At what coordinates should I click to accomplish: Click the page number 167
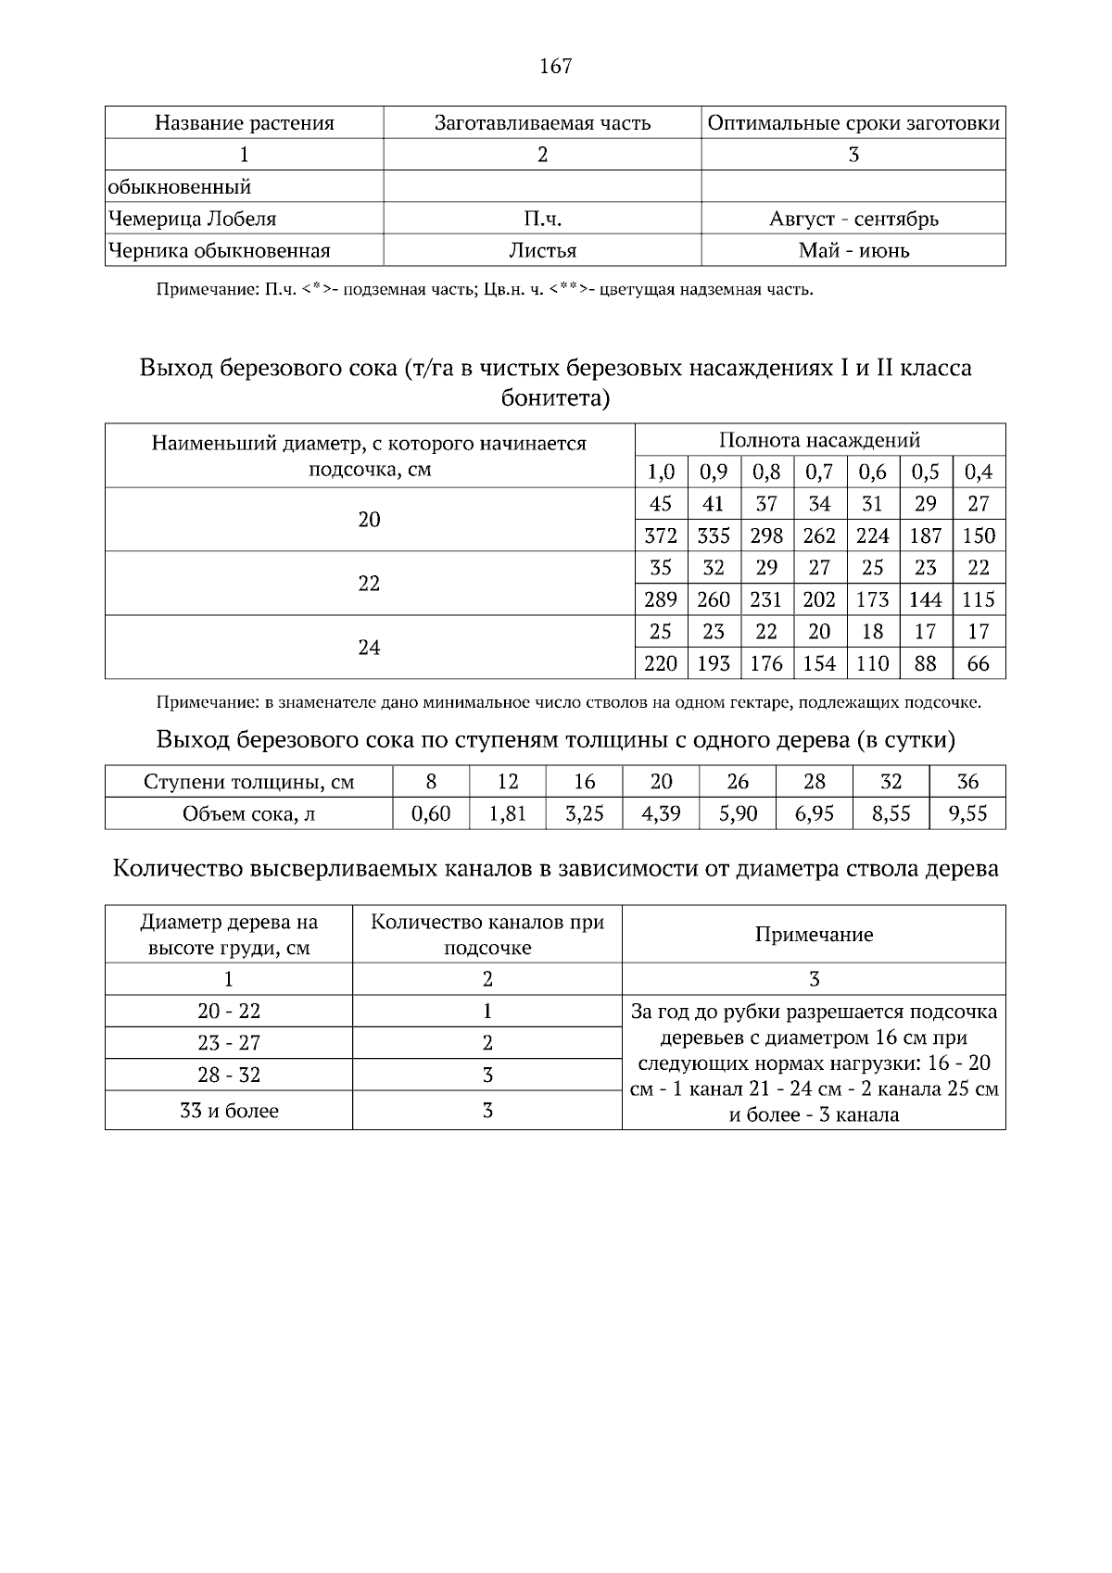pyautogui.click(x=555, y=66)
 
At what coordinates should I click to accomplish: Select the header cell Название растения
pyautogui.click(x=244, y=123)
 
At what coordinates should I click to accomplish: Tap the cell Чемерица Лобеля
pyautogui.click(x=192, y=220)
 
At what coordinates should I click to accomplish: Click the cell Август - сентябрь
pyautogui.click(x=853, y=220)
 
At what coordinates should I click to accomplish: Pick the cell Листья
pyautogui.click(x=542, y=251)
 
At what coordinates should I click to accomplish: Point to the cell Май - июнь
pyautogui.click(x=853, y=251)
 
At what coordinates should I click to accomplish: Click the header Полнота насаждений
pyautogui.click(x=819, y=440)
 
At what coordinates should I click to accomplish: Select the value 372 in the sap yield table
pyautogui.click(x=661, y=535)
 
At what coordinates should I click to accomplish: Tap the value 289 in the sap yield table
pyautogui.click(x=661, y=599)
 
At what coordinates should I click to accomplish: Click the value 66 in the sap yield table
pyautogui.click(x=978, y=663)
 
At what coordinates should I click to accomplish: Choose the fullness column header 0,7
pyautogui.click(x=819, y=472)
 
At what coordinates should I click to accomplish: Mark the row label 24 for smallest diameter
pyautogui.click(x=369, y=648)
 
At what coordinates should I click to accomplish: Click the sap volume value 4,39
pyautogui.click(x=661, y=813)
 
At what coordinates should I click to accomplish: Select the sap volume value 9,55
pyautogui.click(x=967, y=813)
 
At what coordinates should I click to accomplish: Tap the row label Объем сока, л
pyautogui.click(x=248, y=813)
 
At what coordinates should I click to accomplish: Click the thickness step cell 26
pyautogui.click(x=738, y=782)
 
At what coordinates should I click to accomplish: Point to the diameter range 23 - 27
pyautogui.click(x=228, y=1043)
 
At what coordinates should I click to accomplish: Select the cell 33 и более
pyautogui.click(x=228, y=1111)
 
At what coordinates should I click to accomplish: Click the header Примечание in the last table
pyautogui.click(x=813, y=935)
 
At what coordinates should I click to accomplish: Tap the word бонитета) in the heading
pyautogui.click(x=555, y=398)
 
